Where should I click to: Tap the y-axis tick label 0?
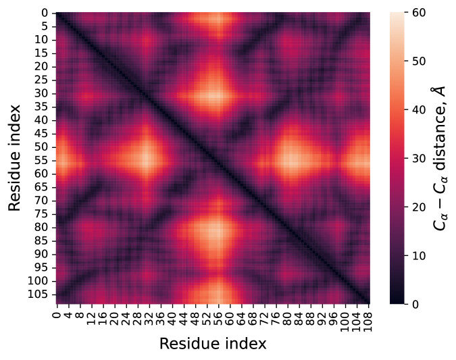tap(44, 14)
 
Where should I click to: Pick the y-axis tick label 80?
tap(41, 228)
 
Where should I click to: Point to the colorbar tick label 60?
tap(417, 13)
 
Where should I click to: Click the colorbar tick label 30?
tap(417, 158)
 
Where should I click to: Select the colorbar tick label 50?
tap(417, 61)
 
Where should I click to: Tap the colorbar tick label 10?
tap(417, 255)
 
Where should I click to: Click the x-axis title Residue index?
tap(213, 344)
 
